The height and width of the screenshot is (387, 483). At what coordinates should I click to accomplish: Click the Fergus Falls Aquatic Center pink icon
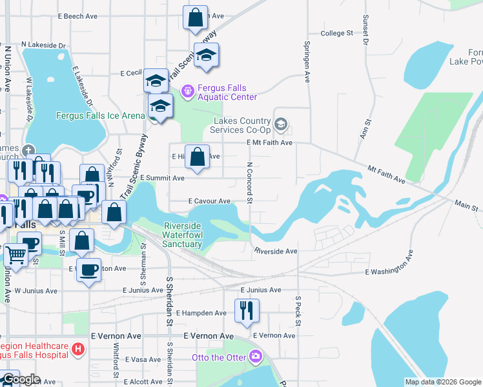tap(188, 92)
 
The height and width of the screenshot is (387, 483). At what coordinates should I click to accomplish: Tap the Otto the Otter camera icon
tap(256, 356)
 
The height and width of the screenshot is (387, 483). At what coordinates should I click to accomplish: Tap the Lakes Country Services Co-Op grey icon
tap(281, 123)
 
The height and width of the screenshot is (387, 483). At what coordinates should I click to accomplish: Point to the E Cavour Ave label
tap(209, 201)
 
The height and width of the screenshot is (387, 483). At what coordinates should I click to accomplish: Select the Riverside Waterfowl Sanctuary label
tap(183, 235)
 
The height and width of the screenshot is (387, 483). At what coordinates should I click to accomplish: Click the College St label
tap(337, 33)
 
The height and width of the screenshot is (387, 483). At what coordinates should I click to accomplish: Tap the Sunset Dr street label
tap(365, 30)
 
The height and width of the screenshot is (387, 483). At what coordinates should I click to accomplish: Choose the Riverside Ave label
tap(276, 251)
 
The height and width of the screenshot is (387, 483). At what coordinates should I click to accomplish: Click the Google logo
tap(21, 379)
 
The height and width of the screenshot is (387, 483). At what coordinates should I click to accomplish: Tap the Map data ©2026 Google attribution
tap(443, 382)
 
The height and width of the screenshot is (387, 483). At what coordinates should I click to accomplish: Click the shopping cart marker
tap(15, 255)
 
